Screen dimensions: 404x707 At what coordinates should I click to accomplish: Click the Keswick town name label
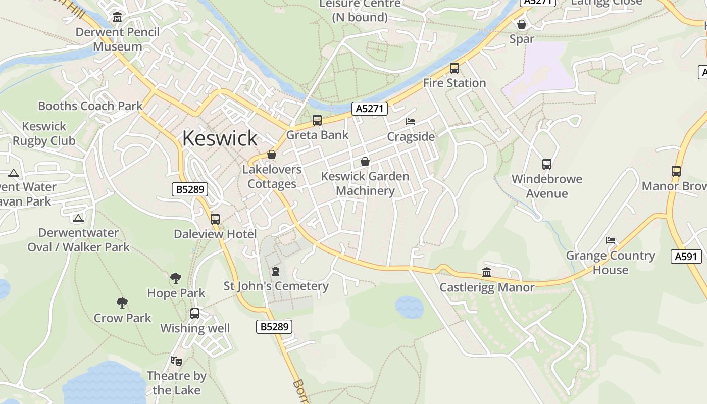[220, 138]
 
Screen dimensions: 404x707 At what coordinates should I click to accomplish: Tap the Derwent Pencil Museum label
[118, 39]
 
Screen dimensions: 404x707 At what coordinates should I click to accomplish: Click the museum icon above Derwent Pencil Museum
[118, 17]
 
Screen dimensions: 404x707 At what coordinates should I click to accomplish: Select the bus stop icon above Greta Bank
[317, 120]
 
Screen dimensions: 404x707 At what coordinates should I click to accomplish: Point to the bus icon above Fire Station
[454, 68]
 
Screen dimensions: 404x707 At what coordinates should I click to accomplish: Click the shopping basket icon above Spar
[522, 24]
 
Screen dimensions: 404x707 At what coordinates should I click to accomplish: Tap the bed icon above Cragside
[411, 122]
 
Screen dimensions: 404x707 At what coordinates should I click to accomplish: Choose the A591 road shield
[686, 257]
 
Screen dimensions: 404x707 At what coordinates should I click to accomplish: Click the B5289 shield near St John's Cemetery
[274, 327]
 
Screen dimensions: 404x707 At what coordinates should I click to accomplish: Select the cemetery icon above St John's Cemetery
[276, 272]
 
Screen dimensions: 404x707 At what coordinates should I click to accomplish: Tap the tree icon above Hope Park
[176, 278]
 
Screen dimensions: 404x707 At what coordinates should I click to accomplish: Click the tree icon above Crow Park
[122, 303]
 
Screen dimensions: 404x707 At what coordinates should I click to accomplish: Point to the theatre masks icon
[176, 361]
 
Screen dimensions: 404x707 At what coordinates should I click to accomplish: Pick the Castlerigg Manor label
[487, 287]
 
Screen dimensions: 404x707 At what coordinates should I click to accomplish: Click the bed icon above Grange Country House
[611, 240]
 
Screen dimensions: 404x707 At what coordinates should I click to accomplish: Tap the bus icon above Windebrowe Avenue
[547, 164]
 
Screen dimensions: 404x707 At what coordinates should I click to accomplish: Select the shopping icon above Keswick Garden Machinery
[365, 162]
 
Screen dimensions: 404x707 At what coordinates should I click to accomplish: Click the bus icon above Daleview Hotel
[215, 219]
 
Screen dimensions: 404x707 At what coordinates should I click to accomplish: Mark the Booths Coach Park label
[90, 106]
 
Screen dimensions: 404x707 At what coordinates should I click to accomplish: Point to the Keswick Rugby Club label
[44, 133]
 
